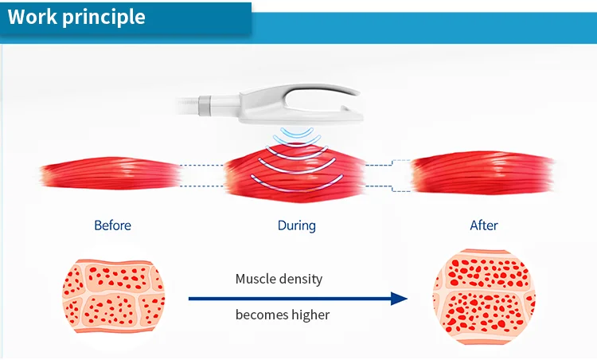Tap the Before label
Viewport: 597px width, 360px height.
click(x=112, y=225)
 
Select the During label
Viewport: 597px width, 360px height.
click(x=296, y=225)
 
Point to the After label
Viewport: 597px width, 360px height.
click(x=483, y=225)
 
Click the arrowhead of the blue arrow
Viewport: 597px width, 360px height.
click(x=399, y=299)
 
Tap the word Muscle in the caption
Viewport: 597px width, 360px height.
click(x=256, y=280)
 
